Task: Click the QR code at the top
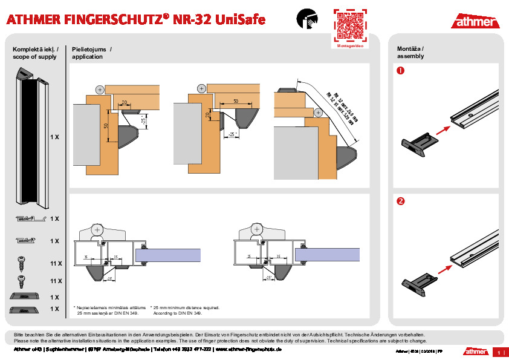(x=350, y=25)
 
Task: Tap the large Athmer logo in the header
(x=475, y=22)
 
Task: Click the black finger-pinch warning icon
(x=306, y=19)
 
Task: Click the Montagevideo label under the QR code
(x=350, y=46)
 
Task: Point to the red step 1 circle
(x=400, y=71)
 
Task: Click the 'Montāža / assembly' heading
(x=410, y=52)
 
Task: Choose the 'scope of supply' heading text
(x=34, y=57)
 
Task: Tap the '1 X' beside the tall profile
(x=54, y=137)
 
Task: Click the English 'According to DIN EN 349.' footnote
(x=178, y=313)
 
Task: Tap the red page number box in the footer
(x=499, y=352)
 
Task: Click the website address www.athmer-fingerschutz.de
(x=248, y=349)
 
